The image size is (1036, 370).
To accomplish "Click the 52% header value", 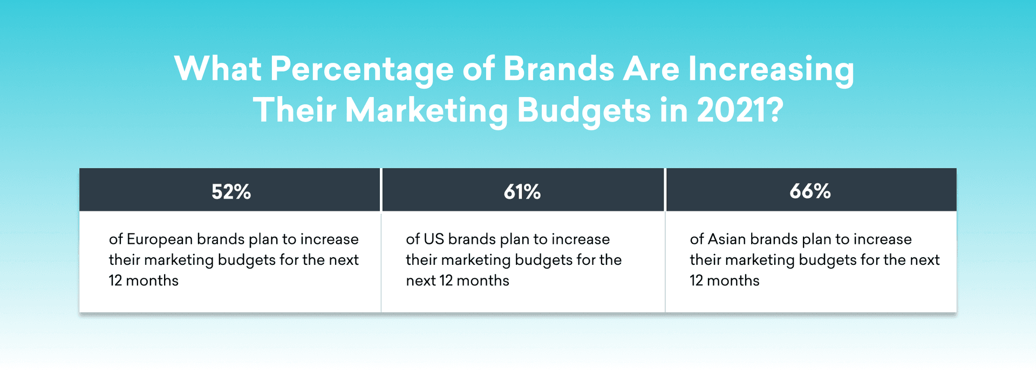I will pos(231,192).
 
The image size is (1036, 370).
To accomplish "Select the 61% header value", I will pos(522,192).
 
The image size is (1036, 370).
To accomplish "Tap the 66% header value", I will pos(810,191).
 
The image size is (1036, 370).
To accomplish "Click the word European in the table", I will pos(159,239).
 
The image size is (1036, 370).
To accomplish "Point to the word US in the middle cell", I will pos(433,239).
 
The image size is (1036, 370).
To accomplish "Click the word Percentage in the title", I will pos(362,70).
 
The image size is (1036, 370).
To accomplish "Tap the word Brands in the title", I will pos(558,69).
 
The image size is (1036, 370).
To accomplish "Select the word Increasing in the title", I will pos(771,70).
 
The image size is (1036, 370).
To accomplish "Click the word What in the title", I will pos(218,69).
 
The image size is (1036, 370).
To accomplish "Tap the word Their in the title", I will pos(295,111).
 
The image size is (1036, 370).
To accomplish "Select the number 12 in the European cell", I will pos(115,281).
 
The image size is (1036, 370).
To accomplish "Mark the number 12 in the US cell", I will pos(446,281).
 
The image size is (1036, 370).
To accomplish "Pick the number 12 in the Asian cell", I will pos(696,281).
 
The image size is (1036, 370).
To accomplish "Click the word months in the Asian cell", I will pos(733,281).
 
